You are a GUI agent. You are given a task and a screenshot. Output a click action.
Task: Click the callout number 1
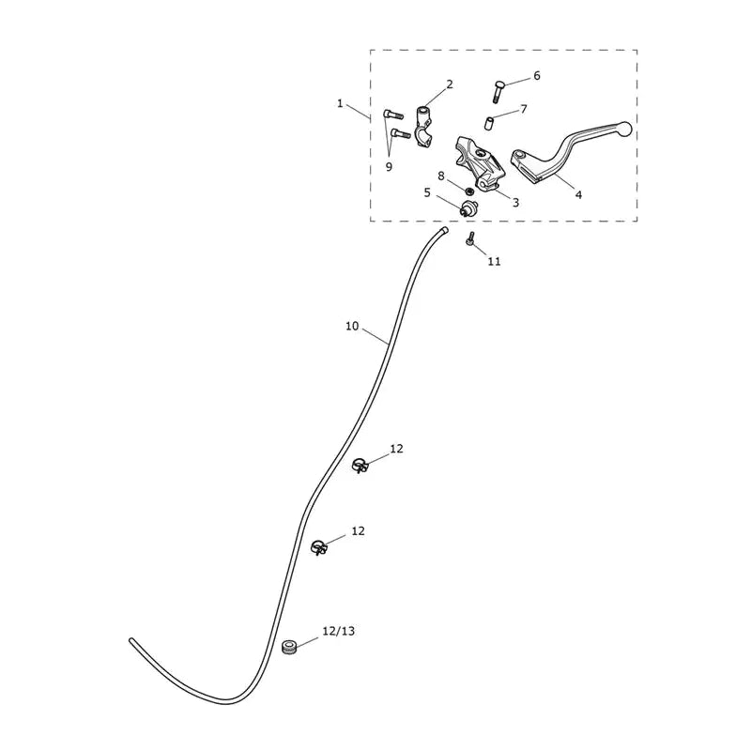pos(340,103)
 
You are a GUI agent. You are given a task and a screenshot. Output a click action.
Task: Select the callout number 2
pos(450,84)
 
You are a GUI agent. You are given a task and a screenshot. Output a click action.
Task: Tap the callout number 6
pos(536,76)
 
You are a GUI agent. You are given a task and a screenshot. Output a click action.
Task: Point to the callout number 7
pos(524,109)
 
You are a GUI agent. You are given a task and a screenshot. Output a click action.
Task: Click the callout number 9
pos(389,167)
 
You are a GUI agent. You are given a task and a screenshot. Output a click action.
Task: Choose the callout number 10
pos(352,326)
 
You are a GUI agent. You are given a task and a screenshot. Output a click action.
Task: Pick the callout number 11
pos(495,261)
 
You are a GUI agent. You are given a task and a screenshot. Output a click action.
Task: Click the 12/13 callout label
pos(339,631)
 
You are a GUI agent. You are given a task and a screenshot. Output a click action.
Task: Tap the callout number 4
pos(578,195)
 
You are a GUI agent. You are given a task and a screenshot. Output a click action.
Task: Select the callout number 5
pos(427,192)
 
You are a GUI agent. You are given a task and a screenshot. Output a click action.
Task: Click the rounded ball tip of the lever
pos(624,129)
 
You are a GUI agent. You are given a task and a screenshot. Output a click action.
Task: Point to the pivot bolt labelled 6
pos(498,92)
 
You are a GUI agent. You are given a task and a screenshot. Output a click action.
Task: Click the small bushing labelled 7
pos(488,123)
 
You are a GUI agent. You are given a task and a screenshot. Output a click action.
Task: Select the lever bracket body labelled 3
pos(479,162)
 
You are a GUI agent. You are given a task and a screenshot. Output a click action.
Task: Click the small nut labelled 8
pos(470,192)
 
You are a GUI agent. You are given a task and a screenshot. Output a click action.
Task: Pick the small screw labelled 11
pos(470,238)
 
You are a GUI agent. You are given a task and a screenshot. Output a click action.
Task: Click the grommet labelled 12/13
pos(289,648)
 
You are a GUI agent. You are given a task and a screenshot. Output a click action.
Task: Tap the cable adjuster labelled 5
pos(467,208)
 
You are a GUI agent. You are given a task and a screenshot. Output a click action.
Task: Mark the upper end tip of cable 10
pos(445,230)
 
